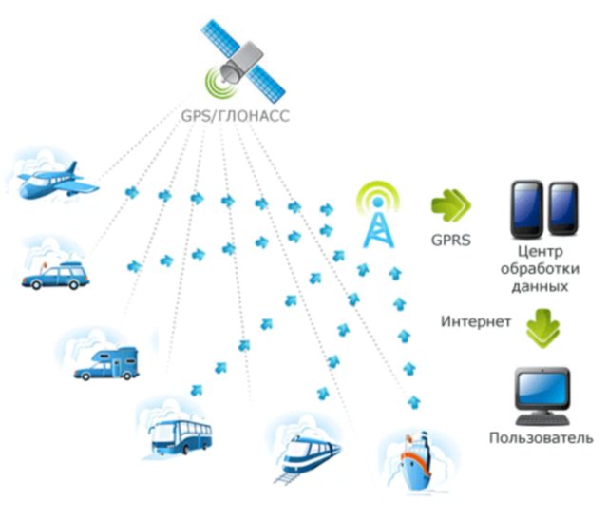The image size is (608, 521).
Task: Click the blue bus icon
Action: point(180,438)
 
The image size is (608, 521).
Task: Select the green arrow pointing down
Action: point(543,324)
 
